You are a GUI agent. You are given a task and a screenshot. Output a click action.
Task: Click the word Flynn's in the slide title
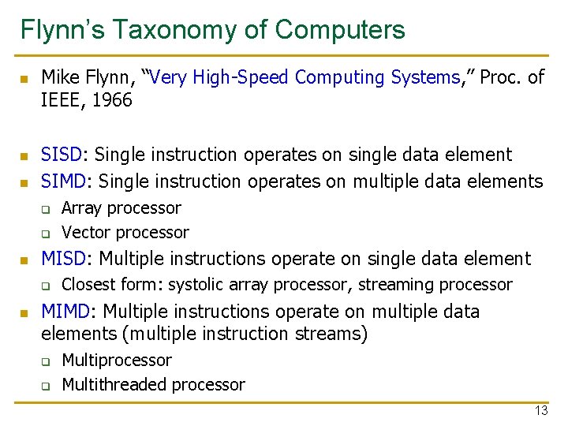tap(63, 30)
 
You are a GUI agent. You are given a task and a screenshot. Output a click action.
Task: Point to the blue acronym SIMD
tap(65, 181)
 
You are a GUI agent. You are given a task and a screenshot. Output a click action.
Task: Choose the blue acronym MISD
tap(65, 259)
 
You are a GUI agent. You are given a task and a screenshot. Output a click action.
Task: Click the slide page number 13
tap(540, 410)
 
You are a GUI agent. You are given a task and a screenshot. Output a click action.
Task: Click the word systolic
tap(197, 285)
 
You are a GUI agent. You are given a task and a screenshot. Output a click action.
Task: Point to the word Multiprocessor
tap(116, 361)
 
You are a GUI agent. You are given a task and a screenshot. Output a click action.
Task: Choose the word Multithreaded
tap(111, 385)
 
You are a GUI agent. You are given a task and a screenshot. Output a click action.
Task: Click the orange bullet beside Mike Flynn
tap(24, 79)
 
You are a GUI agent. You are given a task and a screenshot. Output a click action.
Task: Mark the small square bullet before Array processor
tap(46, 210)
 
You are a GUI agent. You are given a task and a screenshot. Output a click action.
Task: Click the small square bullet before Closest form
tap(46, 286)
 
